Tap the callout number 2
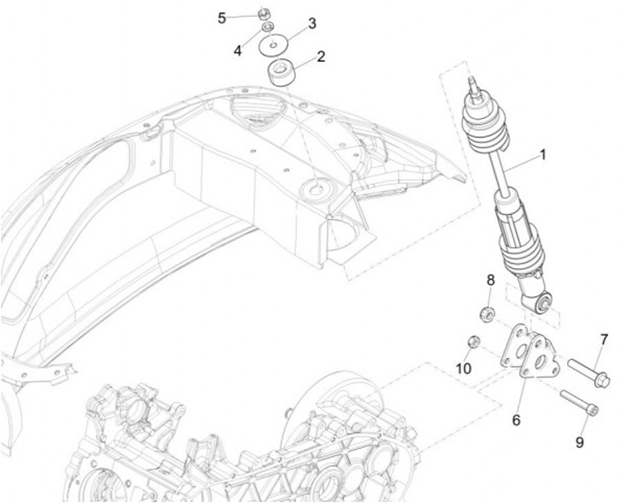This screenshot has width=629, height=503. point(321,57)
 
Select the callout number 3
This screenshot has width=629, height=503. point(312,23)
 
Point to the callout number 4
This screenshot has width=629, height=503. point(237,51)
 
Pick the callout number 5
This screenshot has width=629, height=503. point(221,17)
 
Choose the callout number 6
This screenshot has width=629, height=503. point(516,420)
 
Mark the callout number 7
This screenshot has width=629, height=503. point(603,339)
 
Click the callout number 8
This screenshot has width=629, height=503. point(490,280)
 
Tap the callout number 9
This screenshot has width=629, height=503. point(578,443)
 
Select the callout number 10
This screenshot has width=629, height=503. point(463,369)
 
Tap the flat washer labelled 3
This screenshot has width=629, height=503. point(278,43)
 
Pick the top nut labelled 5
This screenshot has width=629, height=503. point(263,14)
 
